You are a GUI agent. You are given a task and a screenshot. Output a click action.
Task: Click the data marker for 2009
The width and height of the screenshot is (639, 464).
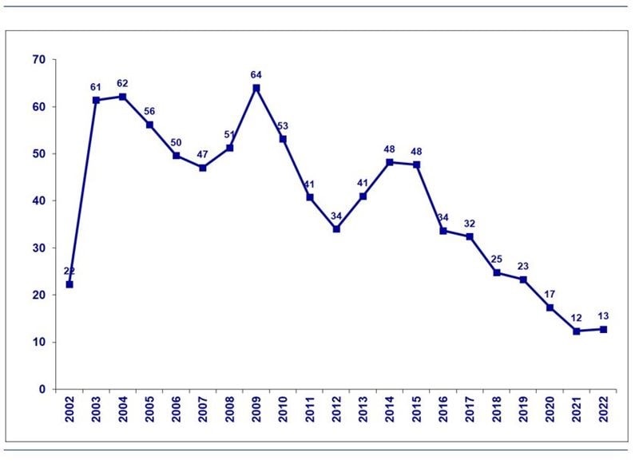click(x=256, y=88)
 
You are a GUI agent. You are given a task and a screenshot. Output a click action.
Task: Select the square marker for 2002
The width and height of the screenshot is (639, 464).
click(x=69, y=284)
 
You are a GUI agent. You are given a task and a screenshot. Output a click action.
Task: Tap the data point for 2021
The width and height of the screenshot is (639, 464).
click(x=577, y=331)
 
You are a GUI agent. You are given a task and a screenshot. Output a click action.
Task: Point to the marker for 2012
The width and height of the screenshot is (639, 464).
click(x=336, y=228)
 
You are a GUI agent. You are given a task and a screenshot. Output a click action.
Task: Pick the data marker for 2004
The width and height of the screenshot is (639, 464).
click(x=123, y=97)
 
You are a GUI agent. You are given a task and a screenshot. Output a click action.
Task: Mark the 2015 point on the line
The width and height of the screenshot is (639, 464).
click(x=416, y=165)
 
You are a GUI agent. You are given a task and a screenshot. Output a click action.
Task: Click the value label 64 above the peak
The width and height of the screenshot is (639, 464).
click(x=256, y=75)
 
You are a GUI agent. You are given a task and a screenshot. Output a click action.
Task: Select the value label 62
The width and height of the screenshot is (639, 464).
click(x=123, y=83)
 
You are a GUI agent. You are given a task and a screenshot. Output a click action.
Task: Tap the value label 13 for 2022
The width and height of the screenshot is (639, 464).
click(x=603, y=316)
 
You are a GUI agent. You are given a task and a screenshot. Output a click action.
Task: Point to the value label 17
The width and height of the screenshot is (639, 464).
click(x=550, y=293)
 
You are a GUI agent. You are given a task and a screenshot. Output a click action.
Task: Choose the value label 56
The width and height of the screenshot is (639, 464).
click(x=149, y=111)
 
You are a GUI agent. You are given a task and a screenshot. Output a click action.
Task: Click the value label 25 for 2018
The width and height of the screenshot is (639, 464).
click(x=497, y=259)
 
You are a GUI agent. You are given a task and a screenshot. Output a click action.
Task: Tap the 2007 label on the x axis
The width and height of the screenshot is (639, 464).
click(x=203, y=411)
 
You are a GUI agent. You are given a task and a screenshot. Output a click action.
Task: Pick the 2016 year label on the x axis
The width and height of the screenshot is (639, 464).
click(x=443, y=411)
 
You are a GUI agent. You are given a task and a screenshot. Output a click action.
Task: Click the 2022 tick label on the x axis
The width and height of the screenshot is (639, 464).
click(x=603, y=411)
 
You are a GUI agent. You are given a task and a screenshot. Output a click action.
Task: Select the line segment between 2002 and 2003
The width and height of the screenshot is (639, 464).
click(x=83, y=192)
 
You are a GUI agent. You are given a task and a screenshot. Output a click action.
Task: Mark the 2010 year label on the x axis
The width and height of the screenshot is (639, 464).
click(x=283, y=411)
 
